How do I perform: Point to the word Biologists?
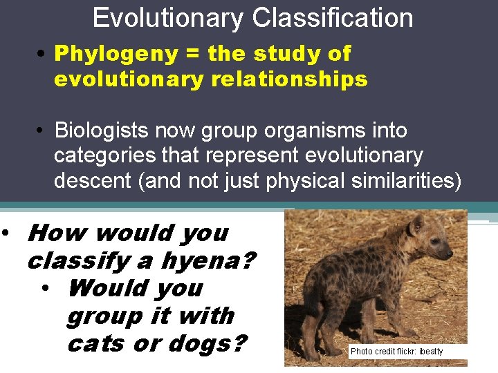(x=100, y=131)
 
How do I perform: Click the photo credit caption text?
(x=396, y=352)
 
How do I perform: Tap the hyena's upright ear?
(x=416, y=222)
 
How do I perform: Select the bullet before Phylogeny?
(x=43, y=54)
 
